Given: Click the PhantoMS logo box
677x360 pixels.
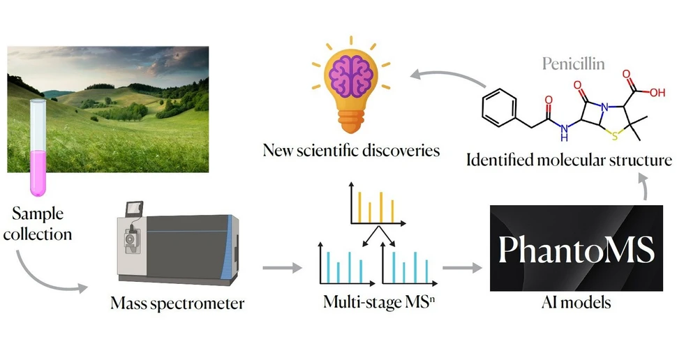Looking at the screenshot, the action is click(576, 248).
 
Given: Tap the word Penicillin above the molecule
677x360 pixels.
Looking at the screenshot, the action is click(574, 64).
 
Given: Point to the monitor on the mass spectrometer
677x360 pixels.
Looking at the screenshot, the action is click(134, 209).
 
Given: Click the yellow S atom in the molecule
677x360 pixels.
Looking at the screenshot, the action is click(615, 137).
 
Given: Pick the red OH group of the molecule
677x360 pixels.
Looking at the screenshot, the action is click(657, 92).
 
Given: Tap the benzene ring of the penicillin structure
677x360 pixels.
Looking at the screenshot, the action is click(499, 107).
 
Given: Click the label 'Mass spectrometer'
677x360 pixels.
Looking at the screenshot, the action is click(177, 303).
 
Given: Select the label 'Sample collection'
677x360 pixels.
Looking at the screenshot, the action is click(38, 223).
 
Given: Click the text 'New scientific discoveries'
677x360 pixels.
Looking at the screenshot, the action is click(351, 150).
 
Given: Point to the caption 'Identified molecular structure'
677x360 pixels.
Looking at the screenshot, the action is click(569, 160).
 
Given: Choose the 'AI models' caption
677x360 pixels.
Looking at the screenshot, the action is click(576, 302).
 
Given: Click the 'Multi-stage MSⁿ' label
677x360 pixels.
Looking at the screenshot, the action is click(379, 301).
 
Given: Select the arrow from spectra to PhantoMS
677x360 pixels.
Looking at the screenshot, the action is click(462, 268).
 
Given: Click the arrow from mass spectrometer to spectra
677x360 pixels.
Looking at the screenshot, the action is click(282, 268).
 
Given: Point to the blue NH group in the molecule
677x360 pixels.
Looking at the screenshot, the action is click(564, 133).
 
